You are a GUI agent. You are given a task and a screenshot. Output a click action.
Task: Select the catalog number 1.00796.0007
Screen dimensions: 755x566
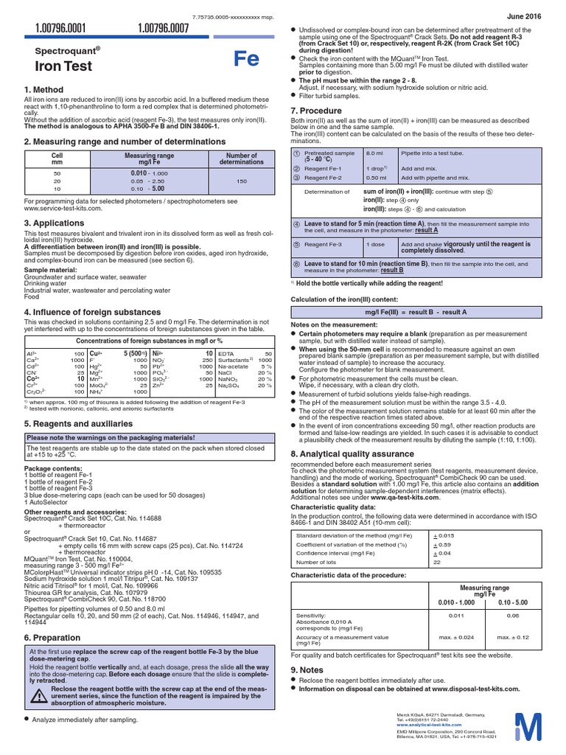tap(163, 29)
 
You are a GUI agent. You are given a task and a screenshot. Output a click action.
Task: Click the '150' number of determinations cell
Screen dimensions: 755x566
tap(237, 179)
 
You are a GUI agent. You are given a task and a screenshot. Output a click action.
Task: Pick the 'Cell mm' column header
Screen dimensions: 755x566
tap(57, 159)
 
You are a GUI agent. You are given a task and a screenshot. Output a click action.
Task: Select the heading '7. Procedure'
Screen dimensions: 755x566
tap(316, 110)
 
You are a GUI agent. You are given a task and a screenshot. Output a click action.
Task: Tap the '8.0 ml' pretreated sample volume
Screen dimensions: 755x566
tap(374, 153)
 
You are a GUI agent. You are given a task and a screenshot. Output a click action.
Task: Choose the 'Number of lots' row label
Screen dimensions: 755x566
tap(318, 562)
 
